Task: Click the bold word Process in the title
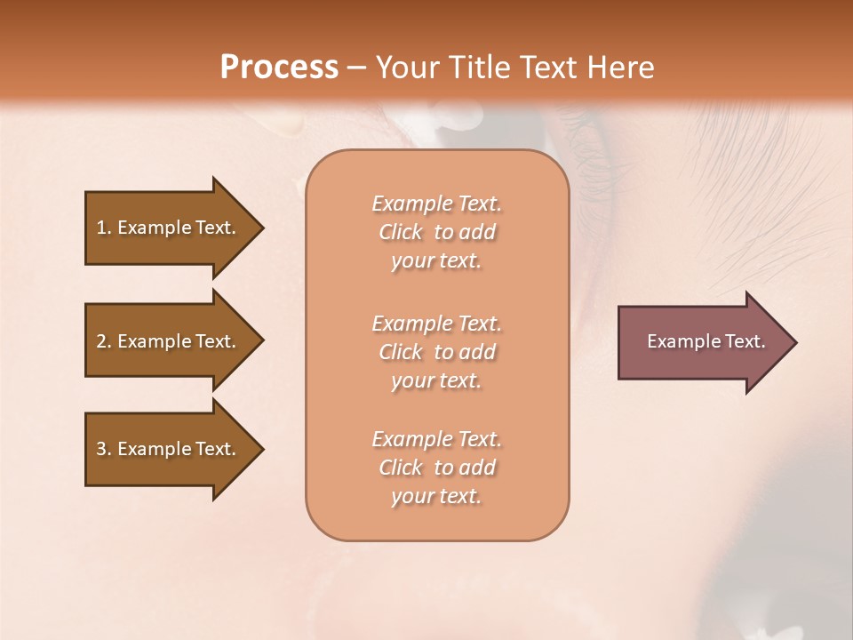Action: click(279, 68)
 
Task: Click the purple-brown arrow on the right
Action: click(702, 341)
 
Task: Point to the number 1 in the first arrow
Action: click(101, 228)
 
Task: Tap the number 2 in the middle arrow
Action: click(101, 341)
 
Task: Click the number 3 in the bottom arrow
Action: click(101, 449)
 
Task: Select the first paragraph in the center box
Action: click(436, 232)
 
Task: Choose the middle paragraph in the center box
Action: click(436, 352)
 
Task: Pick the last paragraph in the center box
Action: click(436, 468)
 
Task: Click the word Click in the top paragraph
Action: click(401, 232)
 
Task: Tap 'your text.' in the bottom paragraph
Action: click(436, 496)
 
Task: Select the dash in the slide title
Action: click(356, 68)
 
